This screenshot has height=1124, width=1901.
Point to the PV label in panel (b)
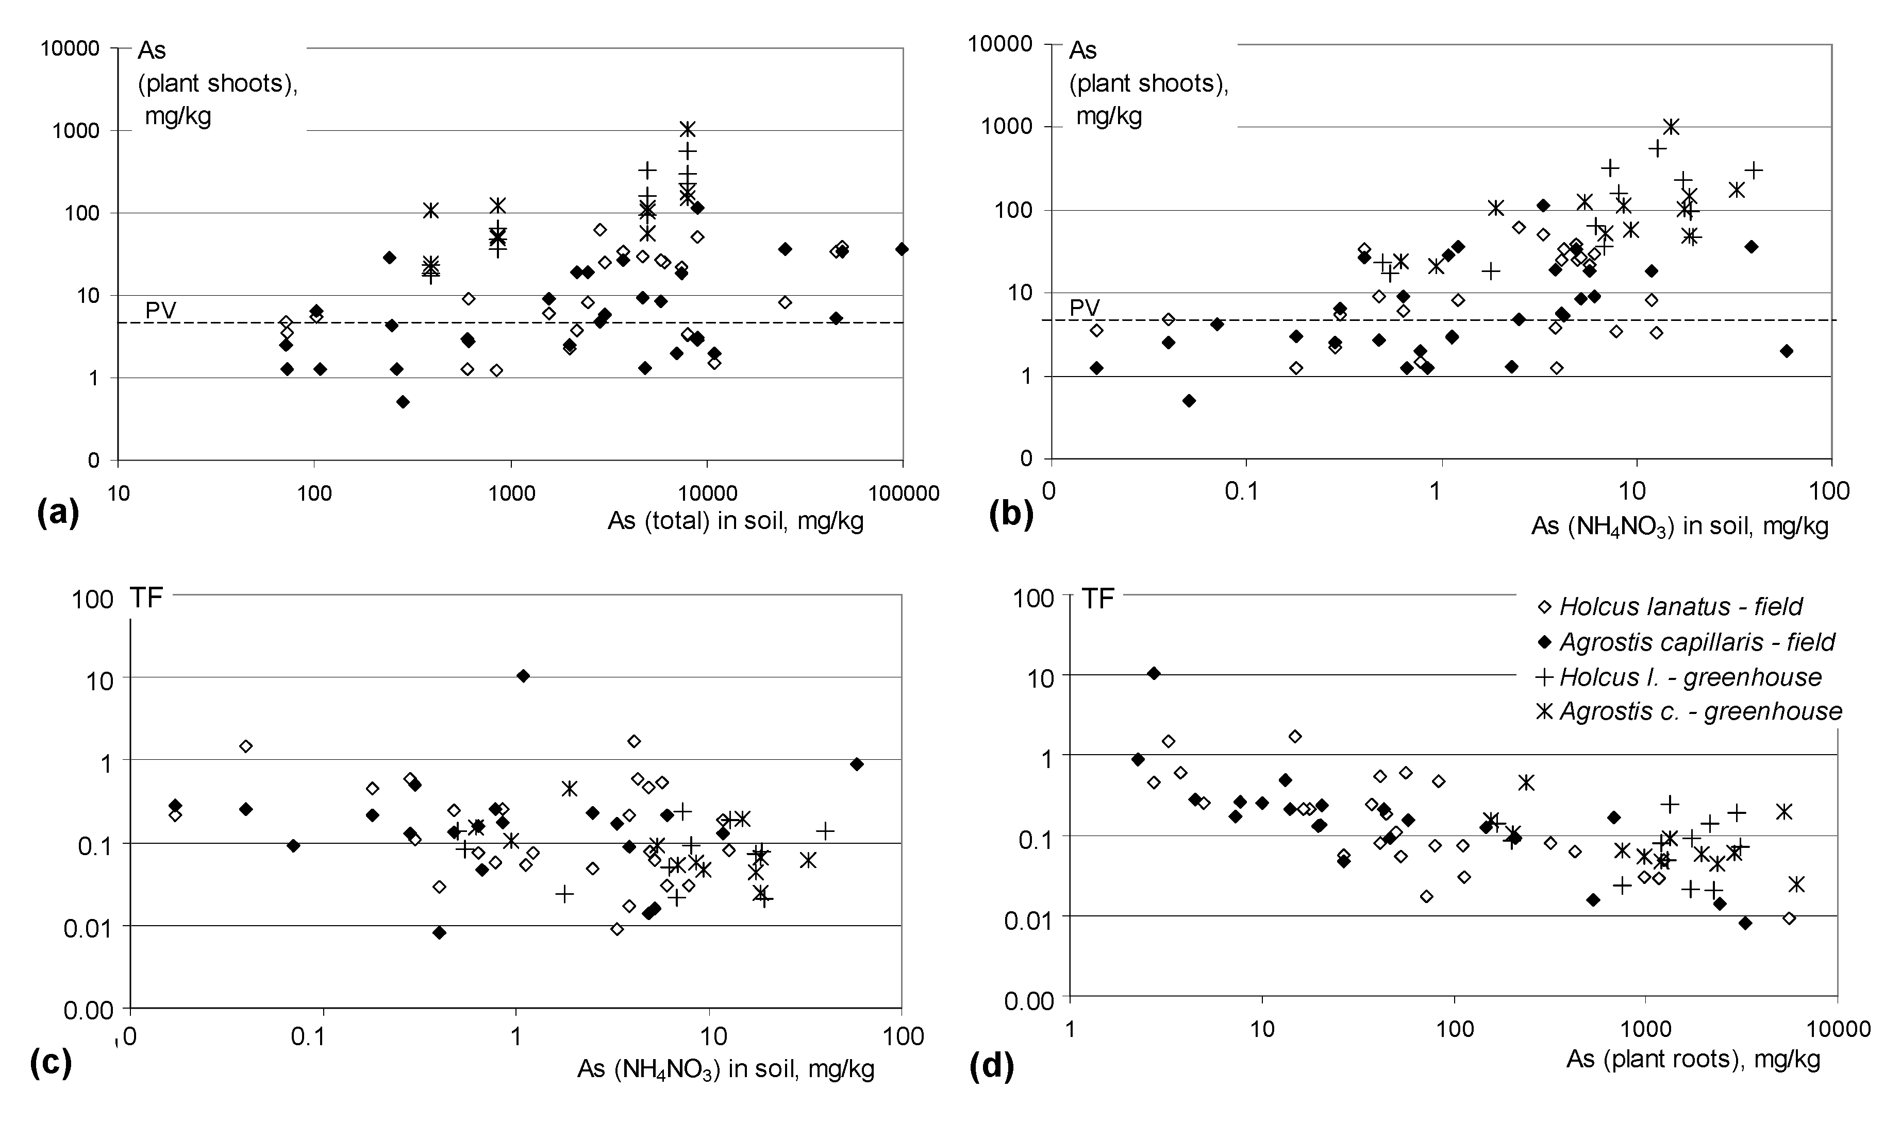click(x=1085, y=308)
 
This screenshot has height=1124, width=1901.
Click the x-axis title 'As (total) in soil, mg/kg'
click(x=735, y=521)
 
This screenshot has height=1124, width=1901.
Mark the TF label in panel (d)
click(x=1098, y=599)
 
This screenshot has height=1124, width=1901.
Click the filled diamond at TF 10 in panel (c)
click(x=523, y=676)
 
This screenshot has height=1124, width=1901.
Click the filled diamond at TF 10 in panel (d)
click(x=1154, y=673)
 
